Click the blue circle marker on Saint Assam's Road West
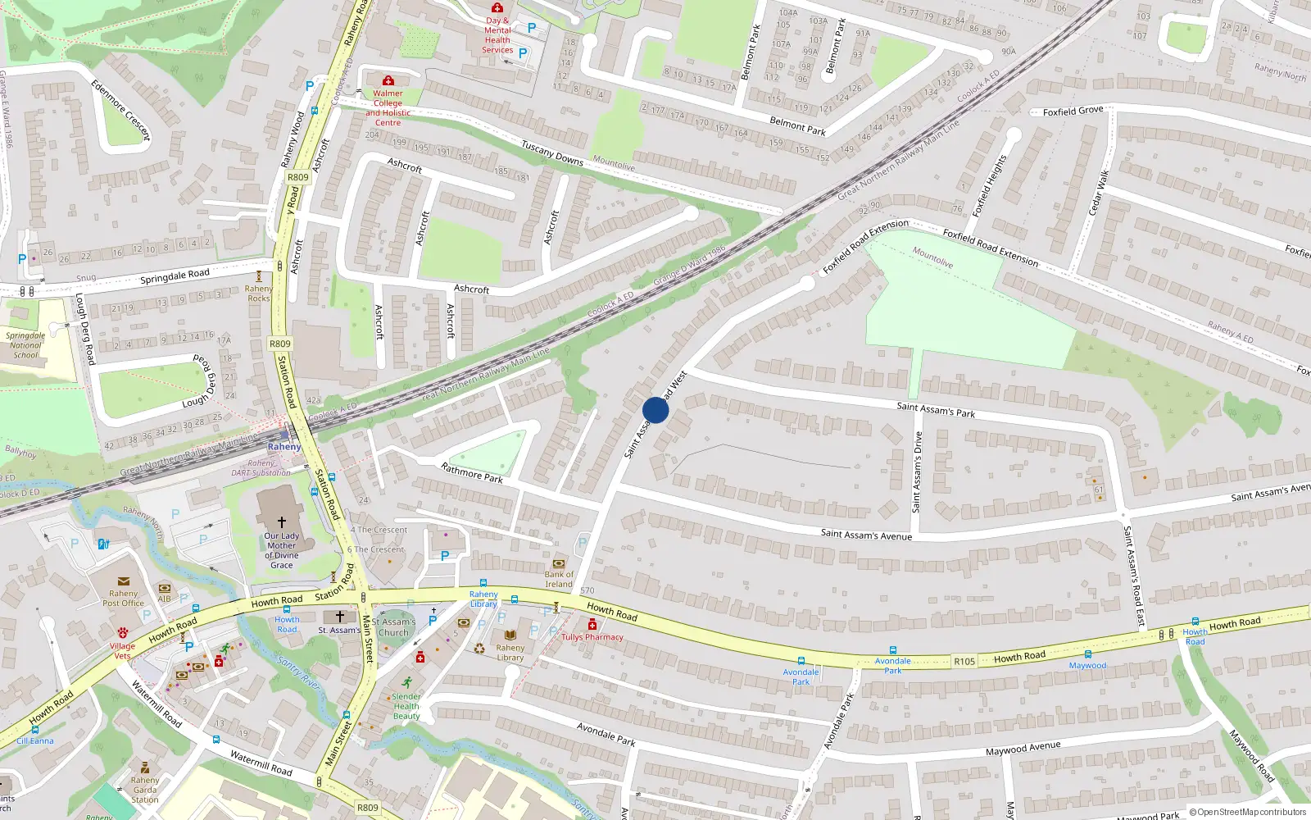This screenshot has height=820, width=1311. (x=655, y=409)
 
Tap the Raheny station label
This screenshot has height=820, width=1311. (x=284, y=447)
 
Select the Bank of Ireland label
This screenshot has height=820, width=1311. (x=559, y=580)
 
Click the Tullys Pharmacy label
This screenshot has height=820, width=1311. (x=592, y=637)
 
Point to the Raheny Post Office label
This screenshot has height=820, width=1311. (x=124, y=599)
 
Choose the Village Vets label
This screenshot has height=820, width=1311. (x=122, y=651)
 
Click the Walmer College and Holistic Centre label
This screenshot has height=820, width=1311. (x=388, y=108)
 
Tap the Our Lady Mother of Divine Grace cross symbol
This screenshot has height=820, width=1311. (x=281, y=522)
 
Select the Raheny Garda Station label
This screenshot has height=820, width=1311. (x=145, y=790)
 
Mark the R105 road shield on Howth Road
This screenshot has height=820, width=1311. (x=964, y=661)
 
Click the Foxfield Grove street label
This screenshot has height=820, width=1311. (x=1073, y=111)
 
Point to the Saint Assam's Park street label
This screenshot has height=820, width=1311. (x=936, y=409)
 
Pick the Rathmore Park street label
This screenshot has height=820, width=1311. (x=472, y=472)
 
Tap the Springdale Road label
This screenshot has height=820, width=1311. (x=175, y=276)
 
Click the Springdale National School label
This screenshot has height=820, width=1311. (x=25, y=345)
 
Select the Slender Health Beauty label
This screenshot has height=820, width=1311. (x=406, y=706)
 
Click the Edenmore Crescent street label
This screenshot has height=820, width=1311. (x=121, y=110)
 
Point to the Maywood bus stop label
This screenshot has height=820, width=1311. (x=1087, y=666)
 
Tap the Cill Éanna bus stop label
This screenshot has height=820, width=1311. (x=35, y=740)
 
